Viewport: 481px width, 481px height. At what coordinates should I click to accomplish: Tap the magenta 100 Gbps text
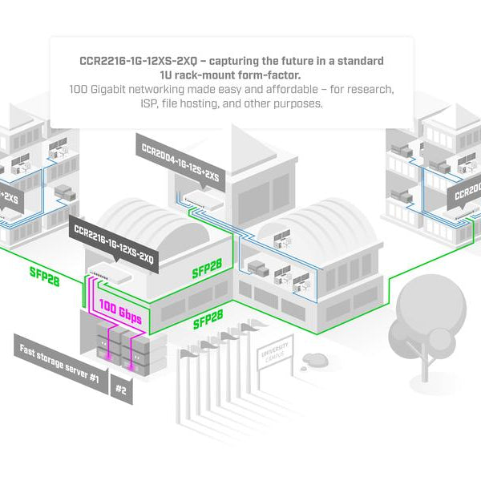120,312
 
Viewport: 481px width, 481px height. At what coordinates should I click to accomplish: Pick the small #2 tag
121,390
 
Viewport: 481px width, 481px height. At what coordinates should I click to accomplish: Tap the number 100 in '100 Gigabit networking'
81,90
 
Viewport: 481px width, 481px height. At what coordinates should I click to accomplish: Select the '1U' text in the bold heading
168,75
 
